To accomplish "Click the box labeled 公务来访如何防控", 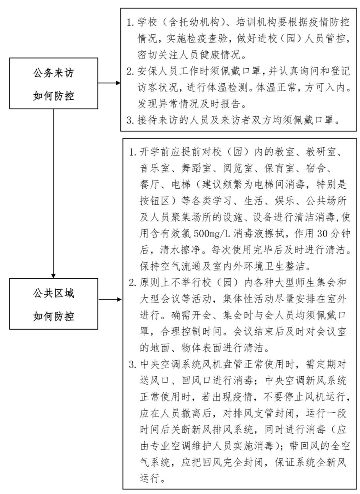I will click(x=53, y=83).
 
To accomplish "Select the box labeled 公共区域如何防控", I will click(x=53, y=304).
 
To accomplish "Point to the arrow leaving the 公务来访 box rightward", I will click(x=109, y=83).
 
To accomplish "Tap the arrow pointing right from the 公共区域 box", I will click(x=110, y=300).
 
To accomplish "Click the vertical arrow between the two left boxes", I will click(x=53, y=192).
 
